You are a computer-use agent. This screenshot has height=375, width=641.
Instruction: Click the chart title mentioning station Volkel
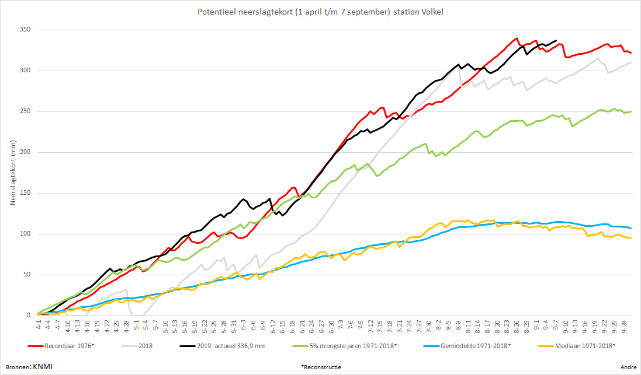point(320,12)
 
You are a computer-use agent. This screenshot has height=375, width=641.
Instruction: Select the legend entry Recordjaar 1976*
point(61,346)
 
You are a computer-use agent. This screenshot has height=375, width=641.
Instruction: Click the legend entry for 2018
point(137,346)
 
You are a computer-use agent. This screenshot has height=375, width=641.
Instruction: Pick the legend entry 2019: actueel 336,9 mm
point(223,346)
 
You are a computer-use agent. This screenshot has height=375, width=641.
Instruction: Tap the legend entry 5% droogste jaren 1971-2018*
point(345,346)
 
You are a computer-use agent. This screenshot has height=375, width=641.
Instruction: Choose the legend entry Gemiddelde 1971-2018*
point(467,346)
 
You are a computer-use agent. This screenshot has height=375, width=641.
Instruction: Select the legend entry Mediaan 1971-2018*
point(576,346)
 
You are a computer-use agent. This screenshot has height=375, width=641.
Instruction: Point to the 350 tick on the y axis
point(25,30)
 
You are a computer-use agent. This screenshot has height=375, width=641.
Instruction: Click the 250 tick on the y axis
point(25,111)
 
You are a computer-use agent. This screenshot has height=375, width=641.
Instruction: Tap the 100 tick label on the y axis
point(25,234)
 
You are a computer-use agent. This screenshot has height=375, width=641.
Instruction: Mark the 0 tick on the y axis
point(29,316)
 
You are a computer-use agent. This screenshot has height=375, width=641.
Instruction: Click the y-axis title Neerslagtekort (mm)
point(13,173)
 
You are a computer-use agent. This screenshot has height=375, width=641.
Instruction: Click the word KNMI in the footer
point(43,366)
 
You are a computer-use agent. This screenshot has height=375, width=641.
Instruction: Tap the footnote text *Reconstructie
point(321,367)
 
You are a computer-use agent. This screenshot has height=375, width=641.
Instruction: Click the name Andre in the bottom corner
point(628,367)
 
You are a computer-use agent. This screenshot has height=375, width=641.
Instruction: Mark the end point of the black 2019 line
point(556,40)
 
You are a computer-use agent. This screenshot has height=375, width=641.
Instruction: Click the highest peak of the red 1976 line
point(517,38)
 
